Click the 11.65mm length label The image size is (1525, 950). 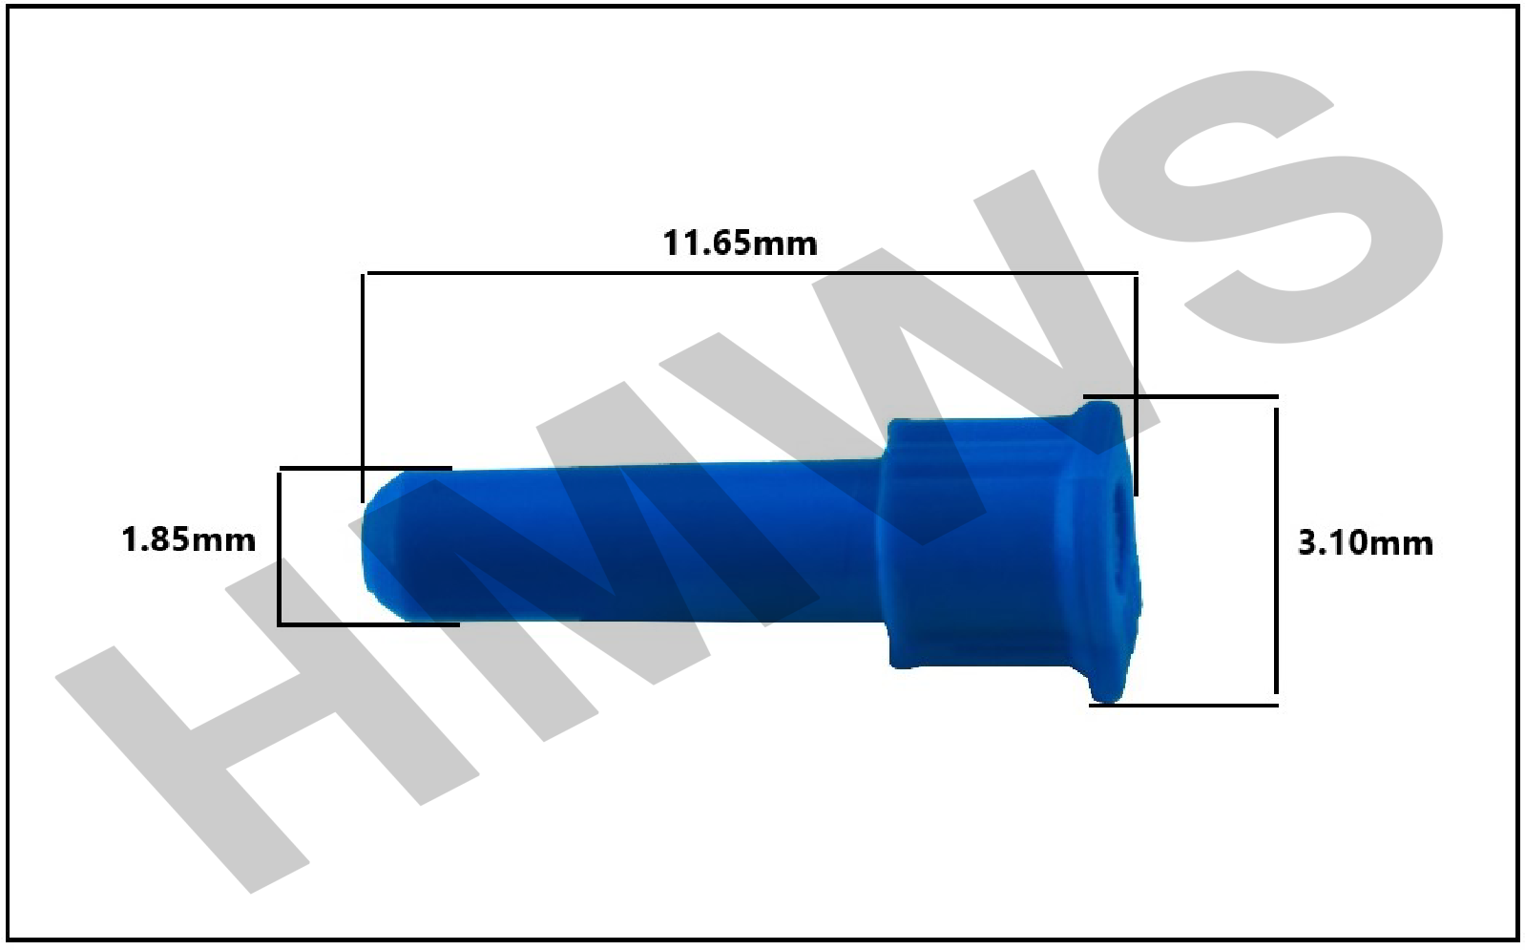coord(740,243)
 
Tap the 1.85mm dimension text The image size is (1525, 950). coord(189,540)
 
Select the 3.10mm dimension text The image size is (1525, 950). coord(1366,543)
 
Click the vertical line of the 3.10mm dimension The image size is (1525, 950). coord(1276,550)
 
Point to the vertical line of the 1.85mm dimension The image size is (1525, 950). coord(279,547)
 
